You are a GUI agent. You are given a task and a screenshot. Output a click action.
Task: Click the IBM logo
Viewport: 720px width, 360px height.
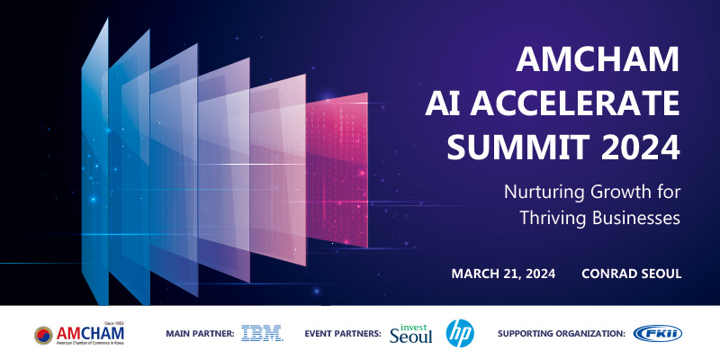[262, 333]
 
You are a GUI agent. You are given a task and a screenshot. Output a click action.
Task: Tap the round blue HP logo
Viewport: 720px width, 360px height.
[460, 333]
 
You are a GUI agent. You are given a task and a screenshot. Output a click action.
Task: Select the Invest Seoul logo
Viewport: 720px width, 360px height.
[411, 334]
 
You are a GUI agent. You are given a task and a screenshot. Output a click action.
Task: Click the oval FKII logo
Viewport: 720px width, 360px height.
[658, 333]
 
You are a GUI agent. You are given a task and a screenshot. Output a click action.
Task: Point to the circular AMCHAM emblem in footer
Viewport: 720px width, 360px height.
[43, 335]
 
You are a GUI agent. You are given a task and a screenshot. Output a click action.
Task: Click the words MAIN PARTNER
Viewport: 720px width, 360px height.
[200, 334]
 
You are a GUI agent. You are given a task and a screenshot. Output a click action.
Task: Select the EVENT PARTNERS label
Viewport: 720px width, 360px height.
[343, 334]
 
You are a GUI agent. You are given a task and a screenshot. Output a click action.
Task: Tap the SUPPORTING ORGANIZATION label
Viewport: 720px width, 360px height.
[562, 334]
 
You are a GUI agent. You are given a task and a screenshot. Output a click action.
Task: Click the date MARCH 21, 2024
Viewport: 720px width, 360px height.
[503, 274]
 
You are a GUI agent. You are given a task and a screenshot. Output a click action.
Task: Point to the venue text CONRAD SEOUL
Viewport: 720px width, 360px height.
[632, 274]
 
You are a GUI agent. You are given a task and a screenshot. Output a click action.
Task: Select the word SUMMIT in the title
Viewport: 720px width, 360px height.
[519, 148]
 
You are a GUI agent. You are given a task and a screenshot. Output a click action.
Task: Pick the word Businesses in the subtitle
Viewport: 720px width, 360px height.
[636, 217]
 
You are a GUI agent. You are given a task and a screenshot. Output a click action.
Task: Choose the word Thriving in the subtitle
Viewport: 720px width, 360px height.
[553, 219]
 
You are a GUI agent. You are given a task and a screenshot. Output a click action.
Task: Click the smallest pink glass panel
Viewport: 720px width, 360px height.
[337, 170]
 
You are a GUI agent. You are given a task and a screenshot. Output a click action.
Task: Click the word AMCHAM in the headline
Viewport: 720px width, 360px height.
[598, 59]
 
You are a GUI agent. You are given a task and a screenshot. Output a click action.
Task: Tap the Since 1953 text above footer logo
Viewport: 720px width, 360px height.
[114, 324]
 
